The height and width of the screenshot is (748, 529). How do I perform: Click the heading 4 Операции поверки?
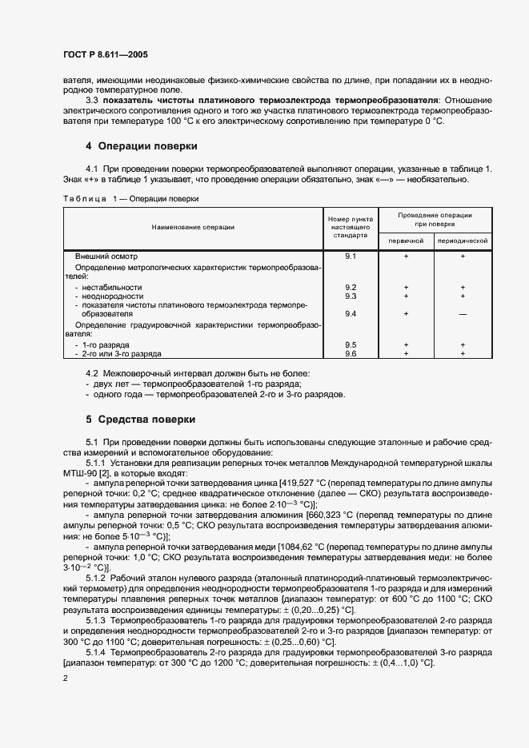pyautogui.click(x=141, y=146)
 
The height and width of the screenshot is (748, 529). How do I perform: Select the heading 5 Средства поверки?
pyautogui.click(x=141, y=420)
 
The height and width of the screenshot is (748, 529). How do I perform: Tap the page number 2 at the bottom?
pyautogui.click(x=66, y=678)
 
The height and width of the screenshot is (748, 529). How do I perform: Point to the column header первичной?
pyautogui.click(x=406, y=241)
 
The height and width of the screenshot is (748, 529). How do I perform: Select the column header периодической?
pyautogui.click(x=463, y=241)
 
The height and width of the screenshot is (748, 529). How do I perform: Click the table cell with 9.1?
pyautogui.click(x=350, y=256)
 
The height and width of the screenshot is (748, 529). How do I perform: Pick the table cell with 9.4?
pyautogui.click(x=350, y=313)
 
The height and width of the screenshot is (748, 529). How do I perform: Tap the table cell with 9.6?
pyautogui.click(x=350, y=352)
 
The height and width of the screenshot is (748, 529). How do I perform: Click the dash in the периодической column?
pyautogui.click(x=463, y=313)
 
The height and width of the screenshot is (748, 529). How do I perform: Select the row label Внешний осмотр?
pyautogui.click(x=101, y=256)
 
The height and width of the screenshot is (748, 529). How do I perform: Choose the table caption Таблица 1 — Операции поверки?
pyautogui.click(x=130, y=198)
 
